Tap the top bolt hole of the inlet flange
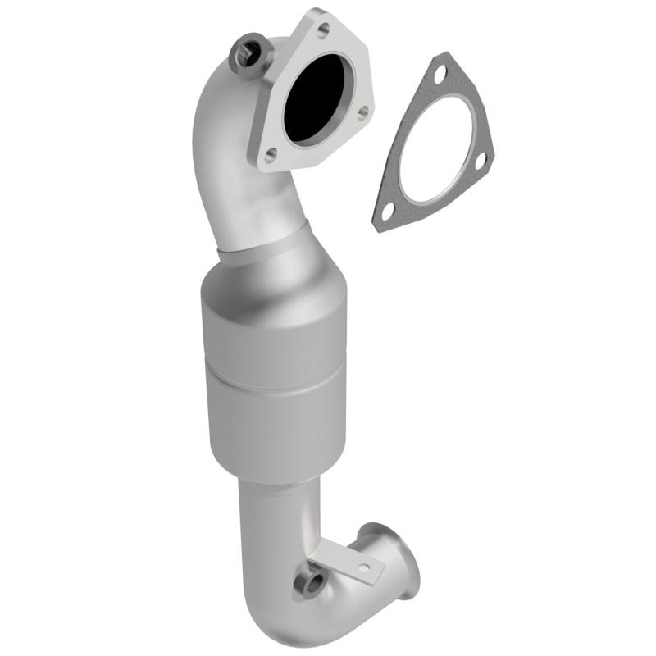point(322,30)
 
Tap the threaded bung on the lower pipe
point(310,584)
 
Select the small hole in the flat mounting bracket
point(364,567)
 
